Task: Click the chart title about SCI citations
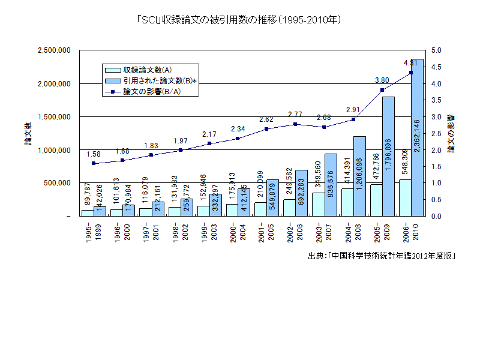239,20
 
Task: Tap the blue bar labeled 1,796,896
388,156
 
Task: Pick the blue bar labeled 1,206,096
359,175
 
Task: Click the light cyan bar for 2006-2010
406,197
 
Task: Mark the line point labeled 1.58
94,163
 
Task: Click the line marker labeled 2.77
295,124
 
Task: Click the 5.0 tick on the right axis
436,50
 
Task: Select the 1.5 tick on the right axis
436,166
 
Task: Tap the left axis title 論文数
19,133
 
